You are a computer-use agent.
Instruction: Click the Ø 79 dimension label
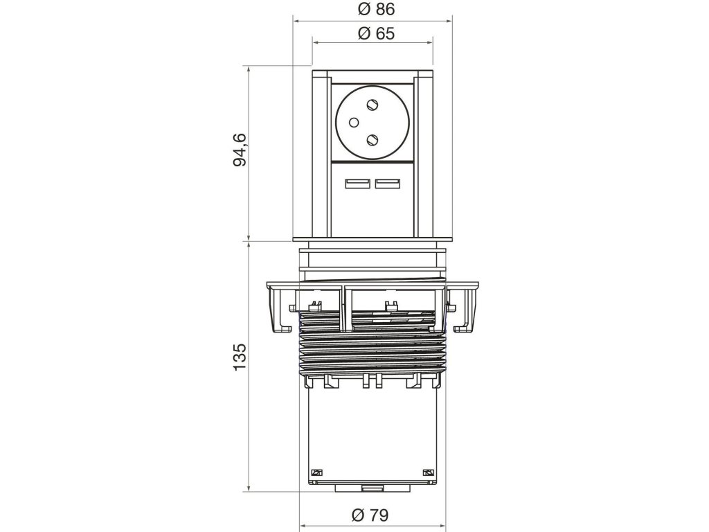click(x=371, y=515)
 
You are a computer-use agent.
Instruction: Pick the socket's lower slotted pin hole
click(x=374, y=139)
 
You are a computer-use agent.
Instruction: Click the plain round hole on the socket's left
click(x=352, y=123)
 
